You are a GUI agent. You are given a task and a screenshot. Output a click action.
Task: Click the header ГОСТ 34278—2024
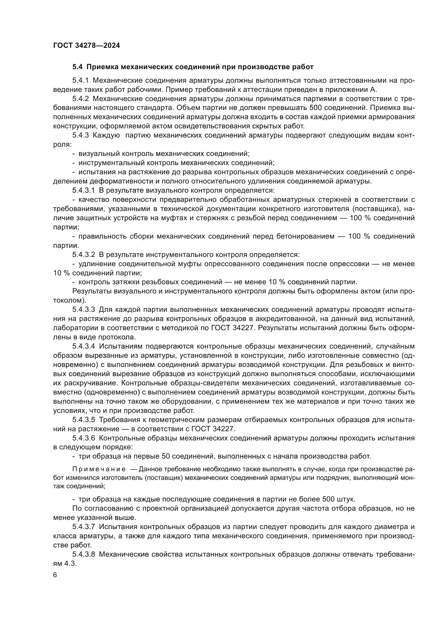86,46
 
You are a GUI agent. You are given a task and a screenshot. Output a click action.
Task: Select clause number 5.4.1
80,81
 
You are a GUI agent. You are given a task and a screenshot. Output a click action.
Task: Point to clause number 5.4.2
80,99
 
